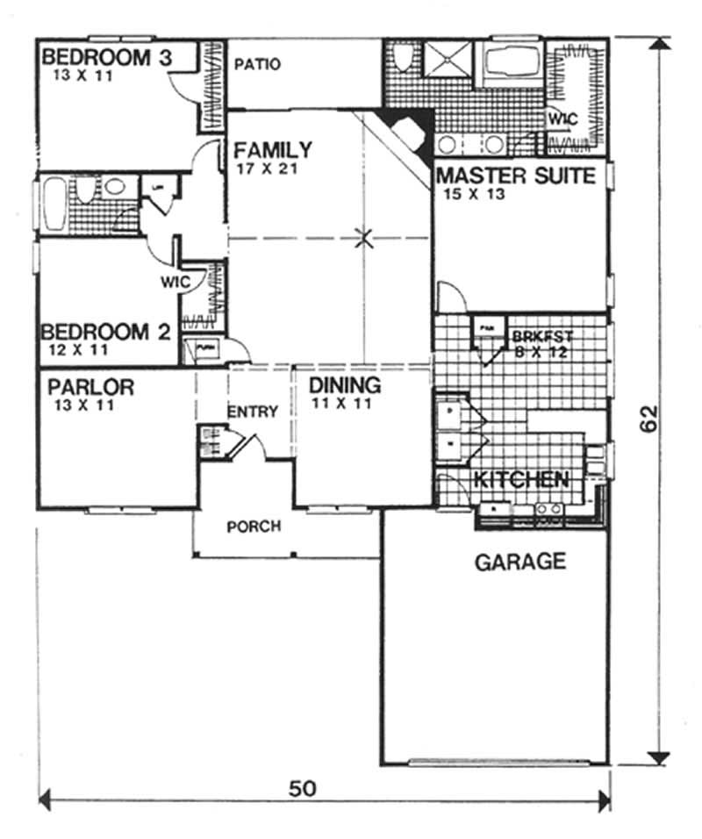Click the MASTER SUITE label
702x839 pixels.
[516, 176]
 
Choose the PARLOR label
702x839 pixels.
[90, 386]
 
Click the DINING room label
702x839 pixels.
[345, 385]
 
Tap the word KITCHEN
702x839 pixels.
[521, 480]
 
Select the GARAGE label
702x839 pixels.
[520, 562]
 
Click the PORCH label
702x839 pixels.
[254, 527]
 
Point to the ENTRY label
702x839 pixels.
[253, 412]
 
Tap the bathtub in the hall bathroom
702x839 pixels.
[50, 202]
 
